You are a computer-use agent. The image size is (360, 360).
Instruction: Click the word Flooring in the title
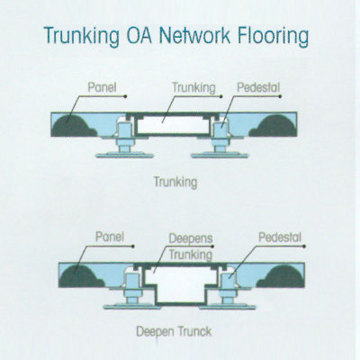(273, 37)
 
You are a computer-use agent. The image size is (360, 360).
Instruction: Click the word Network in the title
(194, 35)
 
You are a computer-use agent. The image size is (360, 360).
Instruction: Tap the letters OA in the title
(139, 35)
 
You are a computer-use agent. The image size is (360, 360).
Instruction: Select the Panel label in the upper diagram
(102, 87)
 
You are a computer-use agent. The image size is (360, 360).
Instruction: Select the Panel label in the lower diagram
(110, 237)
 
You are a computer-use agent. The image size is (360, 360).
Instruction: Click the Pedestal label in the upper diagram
(258, 87)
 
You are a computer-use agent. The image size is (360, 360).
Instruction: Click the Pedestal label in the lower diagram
(280, 237)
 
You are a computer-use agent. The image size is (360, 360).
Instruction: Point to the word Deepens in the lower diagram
(191, 239)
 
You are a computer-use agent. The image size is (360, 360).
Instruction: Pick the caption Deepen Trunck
(174, 331)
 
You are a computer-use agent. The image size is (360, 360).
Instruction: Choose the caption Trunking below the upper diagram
(175, 182)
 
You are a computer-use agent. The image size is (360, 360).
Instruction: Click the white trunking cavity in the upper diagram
(173, 125)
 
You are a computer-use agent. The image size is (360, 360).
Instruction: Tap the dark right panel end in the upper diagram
(274, 126)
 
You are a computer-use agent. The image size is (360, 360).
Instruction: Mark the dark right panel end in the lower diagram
(281, 277)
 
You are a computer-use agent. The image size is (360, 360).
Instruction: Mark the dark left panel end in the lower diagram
(81, 277)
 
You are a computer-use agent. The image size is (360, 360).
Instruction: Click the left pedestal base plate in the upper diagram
(124, 155)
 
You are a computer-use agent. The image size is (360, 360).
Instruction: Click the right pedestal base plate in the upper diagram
(220, 155)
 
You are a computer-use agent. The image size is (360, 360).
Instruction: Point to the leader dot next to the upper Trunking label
(221, 96)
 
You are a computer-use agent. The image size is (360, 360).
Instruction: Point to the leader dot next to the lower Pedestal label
(304, 247)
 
